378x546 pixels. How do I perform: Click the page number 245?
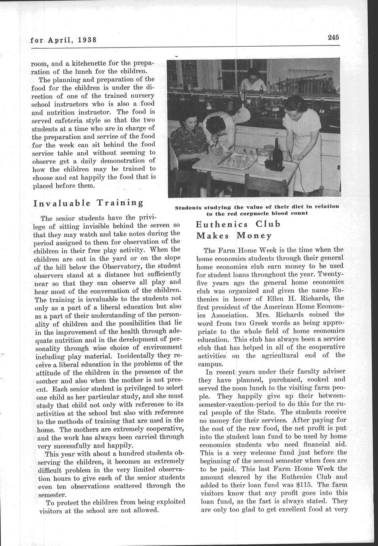333,38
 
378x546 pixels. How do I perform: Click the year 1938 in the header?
87,40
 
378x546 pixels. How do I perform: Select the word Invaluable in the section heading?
60,203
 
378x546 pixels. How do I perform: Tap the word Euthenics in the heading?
223,224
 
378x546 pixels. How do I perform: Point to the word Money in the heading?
254,236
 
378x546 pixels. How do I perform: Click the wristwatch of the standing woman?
290,151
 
